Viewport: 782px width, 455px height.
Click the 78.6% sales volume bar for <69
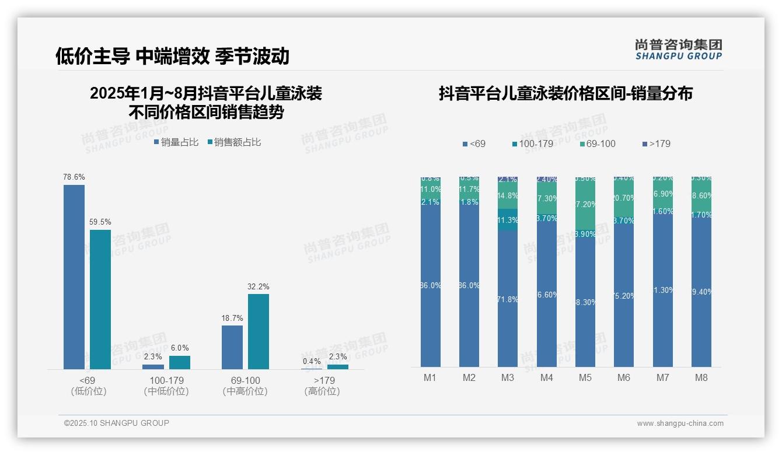[74, 276]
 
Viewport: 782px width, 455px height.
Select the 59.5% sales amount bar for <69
[100, 299]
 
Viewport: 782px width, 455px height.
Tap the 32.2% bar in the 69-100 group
[259, 331]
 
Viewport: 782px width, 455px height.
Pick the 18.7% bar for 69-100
[232, 347]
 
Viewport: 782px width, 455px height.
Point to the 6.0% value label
[180, 348]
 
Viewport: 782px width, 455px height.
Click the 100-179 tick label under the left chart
[166, 380]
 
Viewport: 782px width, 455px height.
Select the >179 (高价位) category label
[322, 386]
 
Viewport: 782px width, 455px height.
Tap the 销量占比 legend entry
[176, 142]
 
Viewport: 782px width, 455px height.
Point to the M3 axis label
[508, 378]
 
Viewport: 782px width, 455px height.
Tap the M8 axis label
[701, 378]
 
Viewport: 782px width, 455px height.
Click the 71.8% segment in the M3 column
[508, 299]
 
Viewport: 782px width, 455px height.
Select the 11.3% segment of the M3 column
[508, 220]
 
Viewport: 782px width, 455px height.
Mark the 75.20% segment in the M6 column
[624, 296]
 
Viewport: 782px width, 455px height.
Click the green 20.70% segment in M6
[624, 198]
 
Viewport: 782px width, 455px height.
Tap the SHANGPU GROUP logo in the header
[679, 50]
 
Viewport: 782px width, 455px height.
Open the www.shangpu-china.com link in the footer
[680, 423]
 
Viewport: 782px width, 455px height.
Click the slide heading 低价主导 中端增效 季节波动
[172, 56]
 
